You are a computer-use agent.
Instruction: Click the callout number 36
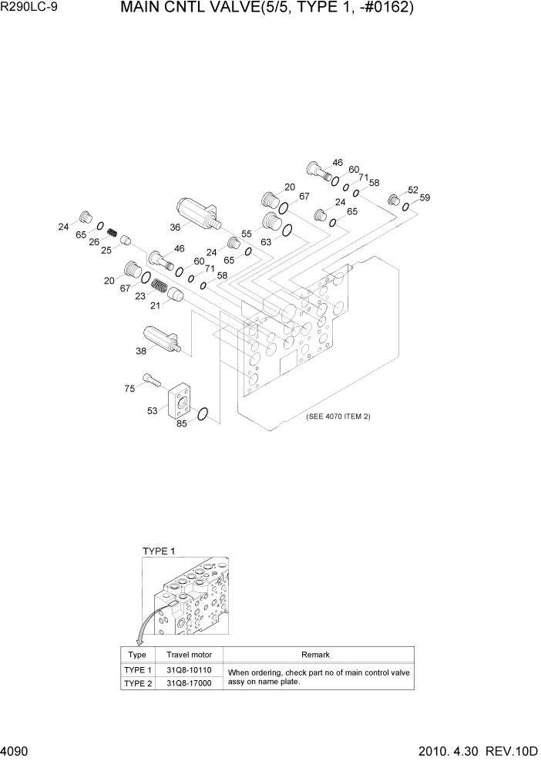(x=175, y=227)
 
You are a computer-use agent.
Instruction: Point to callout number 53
(x=153, y=411)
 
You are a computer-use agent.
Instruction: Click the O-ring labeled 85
(x=202, y=415)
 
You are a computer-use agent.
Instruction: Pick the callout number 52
(x=413, y=190)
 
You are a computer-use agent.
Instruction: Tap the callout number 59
(x=425, y=198)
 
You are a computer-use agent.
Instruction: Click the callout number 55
(x=247, y=233)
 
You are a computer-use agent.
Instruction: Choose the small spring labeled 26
(x=112, y=231)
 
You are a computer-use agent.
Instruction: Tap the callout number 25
(x=107, y=249)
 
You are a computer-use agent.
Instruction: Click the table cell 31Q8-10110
(x=189, y=670)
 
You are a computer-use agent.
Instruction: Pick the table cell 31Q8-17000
(x=189, y=683)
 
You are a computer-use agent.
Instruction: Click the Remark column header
(x=316, y=655)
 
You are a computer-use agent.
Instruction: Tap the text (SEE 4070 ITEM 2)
(x=338, y=416)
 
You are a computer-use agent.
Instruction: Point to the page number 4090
(x=15, y=751)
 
